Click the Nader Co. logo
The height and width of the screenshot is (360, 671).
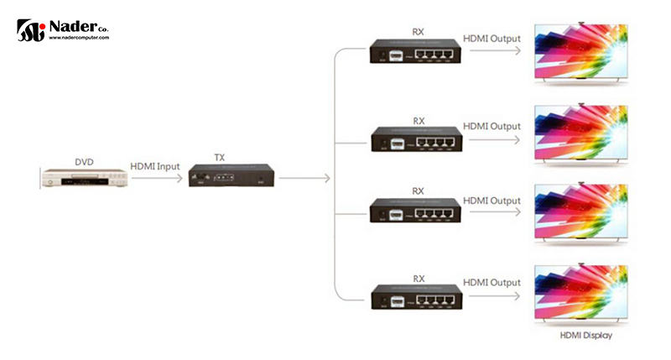62,31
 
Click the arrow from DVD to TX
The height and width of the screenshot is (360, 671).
155,177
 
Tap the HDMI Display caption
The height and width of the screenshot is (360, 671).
585,336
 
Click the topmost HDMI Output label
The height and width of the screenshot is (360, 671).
491,39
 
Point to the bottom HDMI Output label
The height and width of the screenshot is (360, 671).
491,280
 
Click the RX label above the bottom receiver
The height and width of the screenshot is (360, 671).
418,276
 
